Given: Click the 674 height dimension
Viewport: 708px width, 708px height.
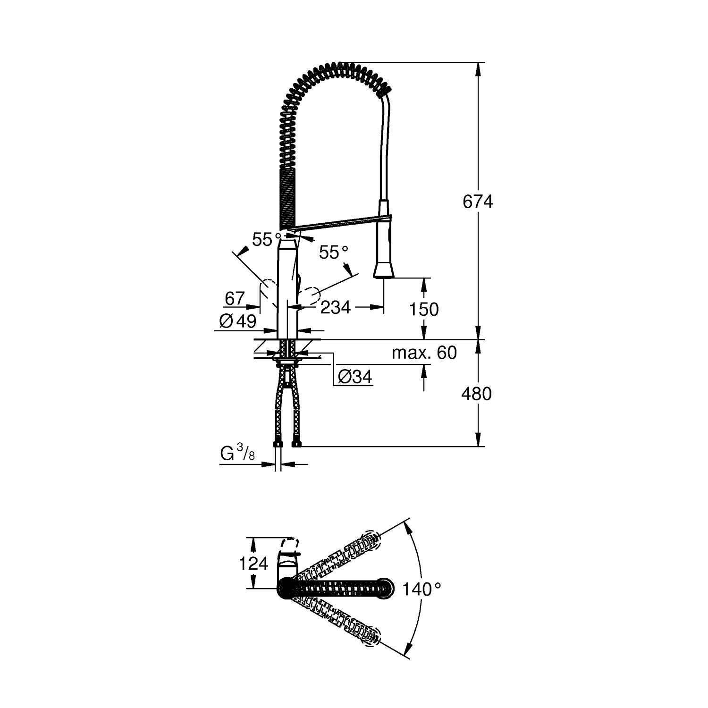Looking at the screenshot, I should [x=478, y=202].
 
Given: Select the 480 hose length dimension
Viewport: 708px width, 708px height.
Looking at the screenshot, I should [x=476, y=393].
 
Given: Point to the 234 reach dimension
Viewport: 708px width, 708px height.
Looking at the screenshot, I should [x=336, y=307].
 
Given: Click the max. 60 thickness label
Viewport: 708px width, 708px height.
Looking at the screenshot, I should [x=424, y=353].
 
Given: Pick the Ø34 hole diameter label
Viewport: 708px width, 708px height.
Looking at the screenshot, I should [x=355, y=377].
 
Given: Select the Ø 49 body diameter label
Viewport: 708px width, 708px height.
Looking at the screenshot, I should [x=238, y=321].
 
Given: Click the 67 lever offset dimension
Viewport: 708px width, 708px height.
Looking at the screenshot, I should [x=235, y=298].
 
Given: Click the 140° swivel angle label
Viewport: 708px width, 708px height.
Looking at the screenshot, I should [x=421, y=589].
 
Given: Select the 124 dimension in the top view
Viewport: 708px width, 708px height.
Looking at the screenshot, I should [x=253, y=563].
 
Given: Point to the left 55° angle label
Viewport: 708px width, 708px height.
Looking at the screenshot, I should [x=266, y=240].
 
